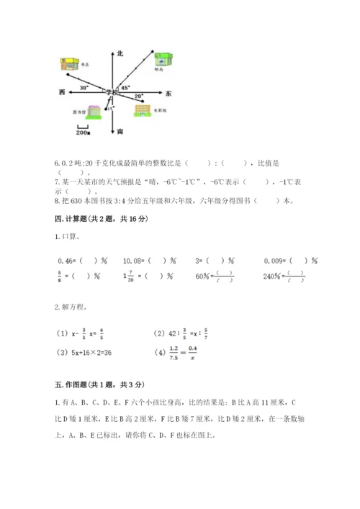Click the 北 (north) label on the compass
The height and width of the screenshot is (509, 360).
coord(121,53)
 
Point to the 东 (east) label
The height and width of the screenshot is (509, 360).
coord(168,94)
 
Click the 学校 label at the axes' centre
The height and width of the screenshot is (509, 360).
coord(111,92)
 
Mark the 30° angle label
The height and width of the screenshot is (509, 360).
coord(84,87)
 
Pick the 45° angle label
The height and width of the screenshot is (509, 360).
coord(125,87)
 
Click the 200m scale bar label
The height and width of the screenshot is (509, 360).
coord(82,132)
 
